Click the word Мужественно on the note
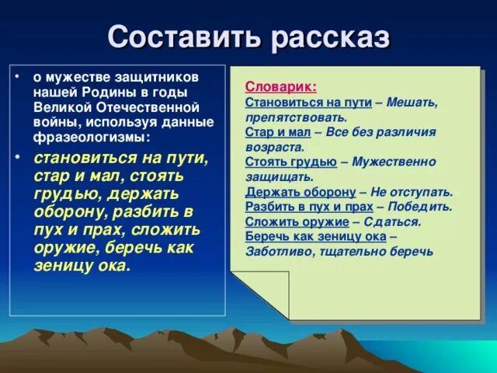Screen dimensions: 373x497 tap(394, 162)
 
